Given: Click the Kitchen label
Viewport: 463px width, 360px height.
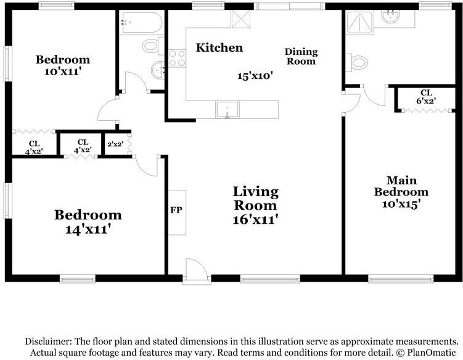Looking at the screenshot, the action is click(219, 48).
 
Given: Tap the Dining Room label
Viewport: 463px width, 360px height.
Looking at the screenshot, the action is click(301, 57).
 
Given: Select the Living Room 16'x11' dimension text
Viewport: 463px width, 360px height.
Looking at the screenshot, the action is click(255, 219).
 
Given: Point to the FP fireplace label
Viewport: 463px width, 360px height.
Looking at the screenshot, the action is click(176, 210).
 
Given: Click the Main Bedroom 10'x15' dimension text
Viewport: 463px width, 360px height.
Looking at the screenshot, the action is click(401, 204).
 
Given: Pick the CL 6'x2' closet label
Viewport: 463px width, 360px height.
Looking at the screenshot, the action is click(426, 97).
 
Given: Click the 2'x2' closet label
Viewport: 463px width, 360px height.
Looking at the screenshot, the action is click(115, 144).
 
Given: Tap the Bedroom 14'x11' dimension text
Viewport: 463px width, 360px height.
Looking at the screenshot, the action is click(88, 229).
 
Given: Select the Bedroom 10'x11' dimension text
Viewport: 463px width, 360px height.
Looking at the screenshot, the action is click(63, 72).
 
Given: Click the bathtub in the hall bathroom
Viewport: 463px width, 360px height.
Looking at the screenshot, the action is click(141, 22).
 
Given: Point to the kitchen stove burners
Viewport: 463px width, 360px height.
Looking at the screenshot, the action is click(177, 58).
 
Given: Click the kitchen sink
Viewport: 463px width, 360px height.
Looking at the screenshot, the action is click(227, 110).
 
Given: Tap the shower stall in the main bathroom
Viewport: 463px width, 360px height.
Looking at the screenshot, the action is click(359, 22).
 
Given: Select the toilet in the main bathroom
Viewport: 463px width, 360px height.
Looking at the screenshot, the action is click(358, 63).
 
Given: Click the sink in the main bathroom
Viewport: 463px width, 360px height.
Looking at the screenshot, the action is click(390, 15).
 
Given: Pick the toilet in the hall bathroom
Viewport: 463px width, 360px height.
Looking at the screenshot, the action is click(153, 46).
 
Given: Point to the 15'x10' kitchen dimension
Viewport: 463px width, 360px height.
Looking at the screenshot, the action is click(255, 76).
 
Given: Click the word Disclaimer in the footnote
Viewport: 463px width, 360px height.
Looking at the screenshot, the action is click(48, 342).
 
